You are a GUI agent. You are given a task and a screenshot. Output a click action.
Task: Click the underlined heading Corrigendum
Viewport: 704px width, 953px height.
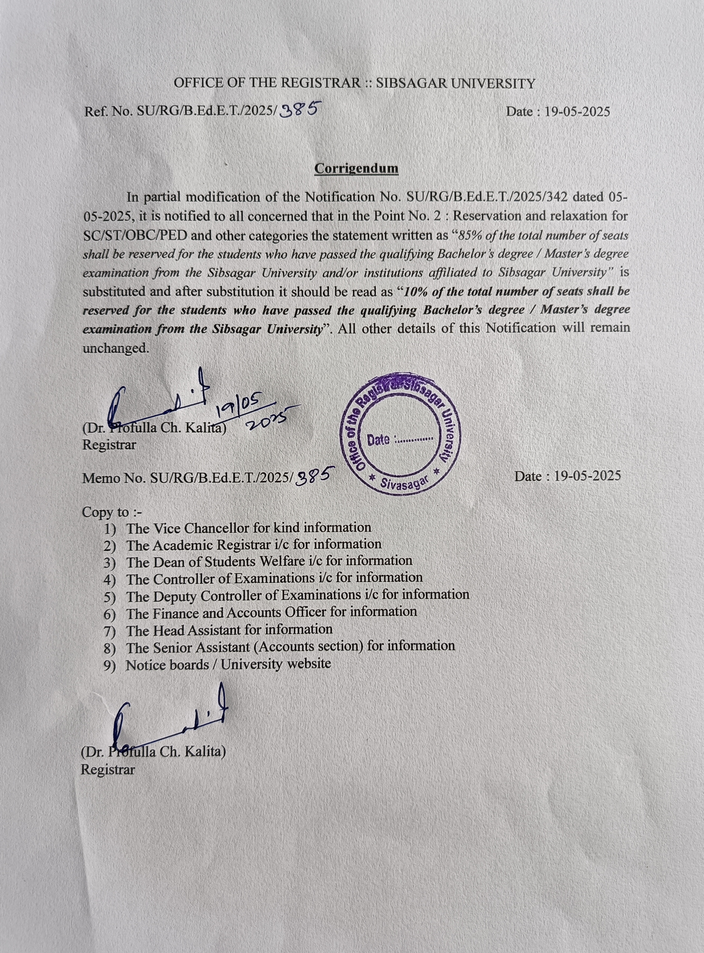coord(356,168)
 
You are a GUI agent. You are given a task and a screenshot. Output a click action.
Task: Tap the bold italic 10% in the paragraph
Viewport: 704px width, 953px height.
coord(416,292)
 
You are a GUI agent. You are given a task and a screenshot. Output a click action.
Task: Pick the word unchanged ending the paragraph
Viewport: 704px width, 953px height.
coord(115,348)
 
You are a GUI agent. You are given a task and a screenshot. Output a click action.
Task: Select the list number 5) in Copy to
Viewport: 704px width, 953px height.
coord(110,597)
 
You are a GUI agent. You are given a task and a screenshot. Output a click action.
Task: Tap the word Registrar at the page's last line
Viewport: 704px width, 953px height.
coord(108,770)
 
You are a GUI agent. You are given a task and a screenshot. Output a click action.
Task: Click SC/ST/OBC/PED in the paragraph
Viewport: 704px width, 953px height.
coord(135,235)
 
